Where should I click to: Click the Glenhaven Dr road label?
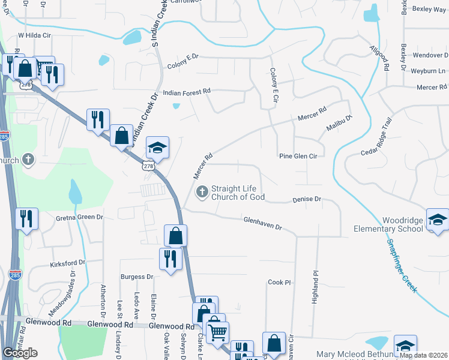[262, 223]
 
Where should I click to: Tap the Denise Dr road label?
[307, 199]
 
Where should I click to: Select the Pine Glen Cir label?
[298, 156]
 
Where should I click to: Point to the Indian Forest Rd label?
[187, 92]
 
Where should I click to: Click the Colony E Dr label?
[182, 61]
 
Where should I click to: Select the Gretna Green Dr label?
[80, 217]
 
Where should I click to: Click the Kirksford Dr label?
[68, 263]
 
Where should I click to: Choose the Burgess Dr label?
[137, 277]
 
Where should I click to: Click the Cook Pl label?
[279, 282]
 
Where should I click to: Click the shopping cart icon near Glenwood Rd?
[217, 331]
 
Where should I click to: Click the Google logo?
[20, 353]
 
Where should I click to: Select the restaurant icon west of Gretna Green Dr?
[27, 218]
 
